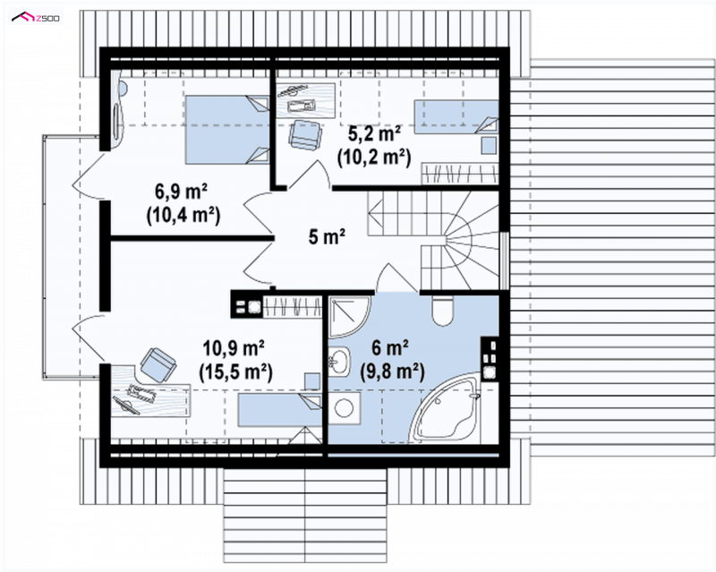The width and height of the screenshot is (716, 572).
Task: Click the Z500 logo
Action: [x=36, y=18]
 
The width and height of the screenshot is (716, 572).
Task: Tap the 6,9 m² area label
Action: [x=182, y=192]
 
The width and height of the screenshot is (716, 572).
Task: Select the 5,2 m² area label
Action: [x=375, y=134]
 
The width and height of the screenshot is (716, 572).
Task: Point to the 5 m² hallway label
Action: [x=327, y=237]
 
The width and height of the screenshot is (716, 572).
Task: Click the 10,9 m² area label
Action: [x=234, y=348]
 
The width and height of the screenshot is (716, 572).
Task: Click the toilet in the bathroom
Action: [x=442, y=310]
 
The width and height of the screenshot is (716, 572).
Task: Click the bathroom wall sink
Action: [x=339, y=362]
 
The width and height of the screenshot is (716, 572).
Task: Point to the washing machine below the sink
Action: [x=345, y=408]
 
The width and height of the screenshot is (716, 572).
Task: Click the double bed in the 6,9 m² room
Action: [x=227, y=129]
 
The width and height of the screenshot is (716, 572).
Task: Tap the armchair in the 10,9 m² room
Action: [x=158, y=364]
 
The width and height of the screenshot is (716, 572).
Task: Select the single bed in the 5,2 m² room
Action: [x=456, y=117]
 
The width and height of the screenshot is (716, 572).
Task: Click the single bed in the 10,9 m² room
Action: [x=279, y=410]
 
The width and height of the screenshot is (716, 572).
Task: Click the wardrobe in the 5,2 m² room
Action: [x=460, y=174]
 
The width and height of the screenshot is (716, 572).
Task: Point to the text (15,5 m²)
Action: [x=235, y=372]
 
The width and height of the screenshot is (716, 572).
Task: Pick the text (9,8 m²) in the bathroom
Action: [x=393, y=371]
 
